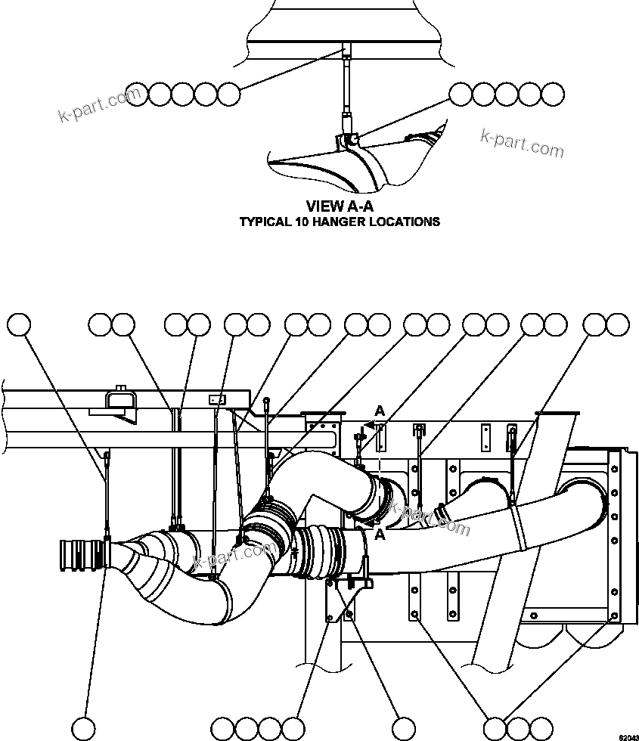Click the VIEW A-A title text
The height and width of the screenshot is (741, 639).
(x=340, y=206)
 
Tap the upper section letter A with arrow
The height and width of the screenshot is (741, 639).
(x=380, y=411)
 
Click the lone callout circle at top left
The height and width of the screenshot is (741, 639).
(x=20, y=325)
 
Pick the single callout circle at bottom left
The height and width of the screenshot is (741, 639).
(x=84, y=728)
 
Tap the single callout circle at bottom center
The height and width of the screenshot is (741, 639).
(x=402, y=728)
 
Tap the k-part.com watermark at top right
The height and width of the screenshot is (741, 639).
(x=522, y=144)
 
